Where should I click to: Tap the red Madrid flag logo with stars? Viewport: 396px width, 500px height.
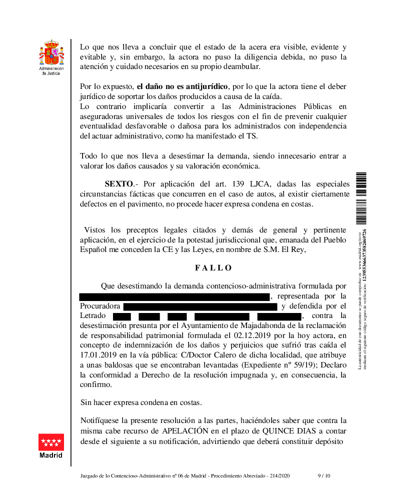[x=51, y=442]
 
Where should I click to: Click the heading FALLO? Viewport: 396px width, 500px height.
[x=213, y=268]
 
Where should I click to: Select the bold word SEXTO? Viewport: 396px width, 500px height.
[x=118, y=184]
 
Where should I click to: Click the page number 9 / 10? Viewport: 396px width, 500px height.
[x=324, y=476]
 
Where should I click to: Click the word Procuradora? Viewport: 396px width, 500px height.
[x=100, y=306]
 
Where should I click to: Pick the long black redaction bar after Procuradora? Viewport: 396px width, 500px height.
[x=200, y=306]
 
